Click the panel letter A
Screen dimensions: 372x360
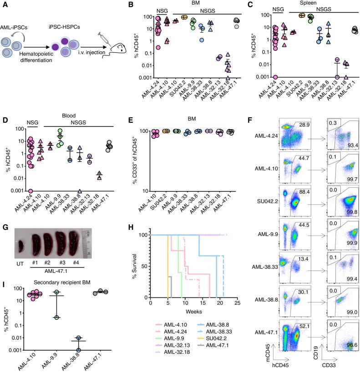click(x=4, y=5)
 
